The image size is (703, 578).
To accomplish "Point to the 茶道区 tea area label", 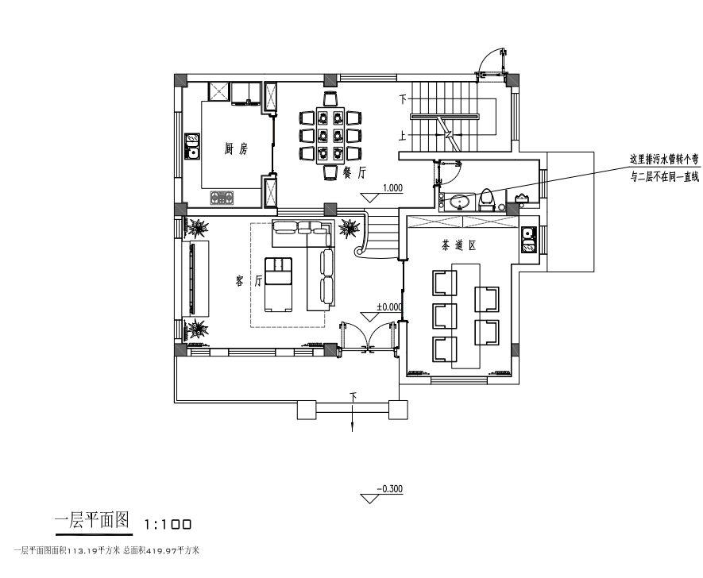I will (458, 246).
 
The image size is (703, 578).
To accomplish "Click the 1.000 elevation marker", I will (392, 189).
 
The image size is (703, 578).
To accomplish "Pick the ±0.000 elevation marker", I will (388, 306).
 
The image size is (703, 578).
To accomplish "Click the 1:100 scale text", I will (168, 525).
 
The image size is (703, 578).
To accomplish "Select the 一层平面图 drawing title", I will (91, 522).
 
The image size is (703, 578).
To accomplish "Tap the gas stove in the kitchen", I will (223, 197).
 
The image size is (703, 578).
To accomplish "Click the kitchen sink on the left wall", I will (191, 146).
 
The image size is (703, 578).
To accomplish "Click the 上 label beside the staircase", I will (404, 136).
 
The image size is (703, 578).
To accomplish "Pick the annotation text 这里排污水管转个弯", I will (664, 159).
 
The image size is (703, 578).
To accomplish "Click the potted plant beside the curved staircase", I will (348, 229).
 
